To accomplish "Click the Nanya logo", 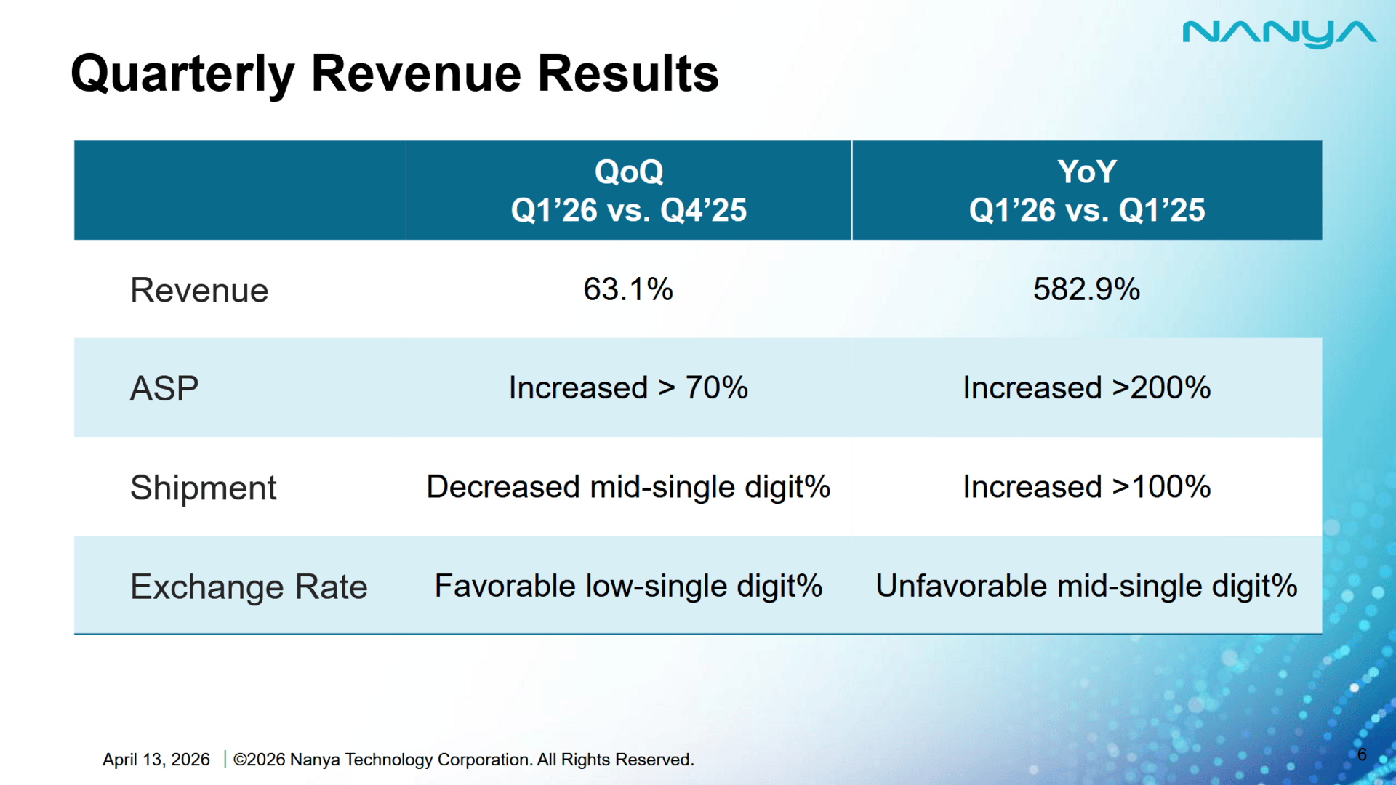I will tap(1279, 33).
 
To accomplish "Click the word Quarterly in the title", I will tap(182, 74).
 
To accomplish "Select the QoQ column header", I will tap(628, 190).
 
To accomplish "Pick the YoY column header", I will tap(1086, 190).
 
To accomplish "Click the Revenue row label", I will tap(199, 291).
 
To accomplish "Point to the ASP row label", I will tap(164, 388).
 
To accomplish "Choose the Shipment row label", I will tap(203, 488).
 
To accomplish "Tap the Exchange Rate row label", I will tap(249, 587).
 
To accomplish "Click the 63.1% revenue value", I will tap(628, 289).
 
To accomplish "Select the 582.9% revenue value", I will tap(1086, 289).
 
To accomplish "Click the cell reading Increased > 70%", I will tap(628, 387).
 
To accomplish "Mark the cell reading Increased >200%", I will tap(1086, 387).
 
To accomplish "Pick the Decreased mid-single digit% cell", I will tap(628, 487).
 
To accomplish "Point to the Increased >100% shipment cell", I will tap(1086, 487).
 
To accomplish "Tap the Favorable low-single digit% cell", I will tap(628, 586).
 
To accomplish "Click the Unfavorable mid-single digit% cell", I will tap(1086, 586).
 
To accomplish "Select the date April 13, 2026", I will tap(156, 760).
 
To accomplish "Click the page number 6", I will tap(1362, 754).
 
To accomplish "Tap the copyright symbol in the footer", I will tap(240, 760).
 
